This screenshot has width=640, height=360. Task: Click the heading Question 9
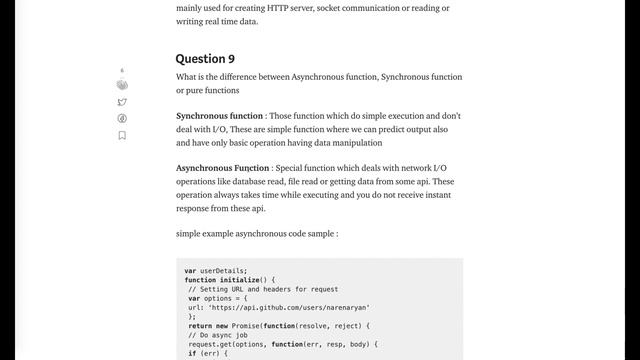pos(205,59)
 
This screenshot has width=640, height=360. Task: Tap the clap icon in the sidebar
pos(122,85)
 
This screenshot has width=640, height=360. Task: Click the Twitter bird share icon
pos(122,102)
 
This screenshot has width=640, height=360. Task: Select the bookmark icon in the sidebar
pos(122,135)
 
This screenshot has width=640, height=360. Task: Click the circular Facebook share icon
pos(122,118)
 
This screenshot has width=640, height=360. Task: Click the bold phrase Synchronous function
pos(219,116)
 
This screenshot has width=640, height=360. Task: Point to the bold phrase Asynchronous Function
pos(222,168)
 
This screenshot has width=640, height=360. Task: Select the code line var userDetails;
pos(216,270)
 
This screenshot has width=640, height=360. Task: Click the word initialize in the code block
pos(240,280)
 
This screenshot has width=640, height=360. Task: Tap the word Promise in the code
pos(238,325)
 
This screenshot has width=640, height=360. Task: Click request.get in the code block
pos(208,343)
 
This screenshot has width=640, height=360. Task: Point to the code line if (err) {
pos(207,352)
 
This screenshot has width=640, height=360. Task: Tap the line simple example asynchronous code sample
pos(256,233)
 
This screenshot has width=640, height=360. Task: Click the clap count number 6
pos(122,71)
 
